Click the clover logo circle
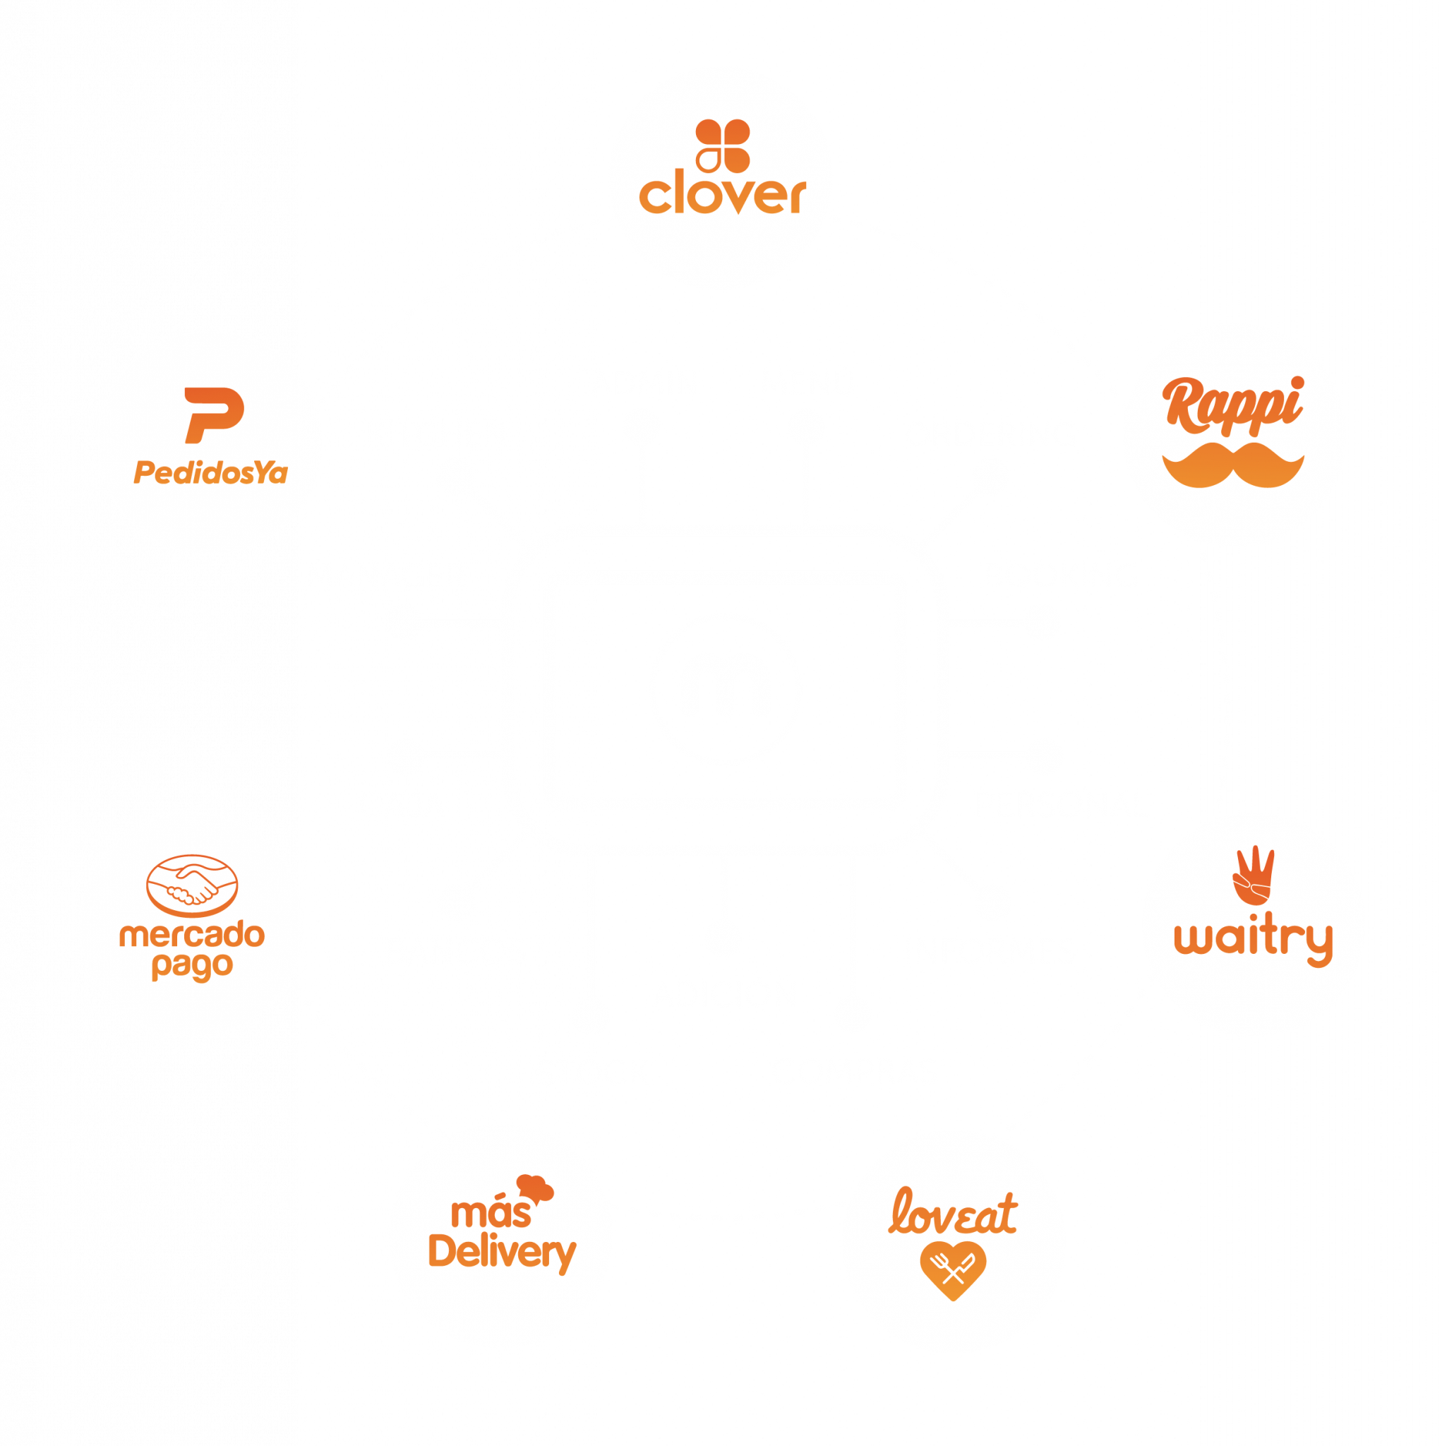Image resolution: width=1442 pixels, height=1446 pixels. coord(720,178)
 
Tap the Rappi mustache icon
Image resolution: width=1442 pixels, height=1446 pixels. coord(1232,465)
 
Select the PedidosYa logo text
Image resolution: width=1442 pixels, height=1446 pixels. coord(210,473)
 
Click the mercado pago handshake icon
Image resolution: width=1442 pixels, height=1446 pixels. coord(191,885)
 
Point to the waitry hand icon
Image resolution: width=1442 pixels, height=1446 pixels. coord(1253,875)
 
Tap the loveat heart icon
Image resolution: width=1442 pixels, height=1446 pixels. coord(953,1269)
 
